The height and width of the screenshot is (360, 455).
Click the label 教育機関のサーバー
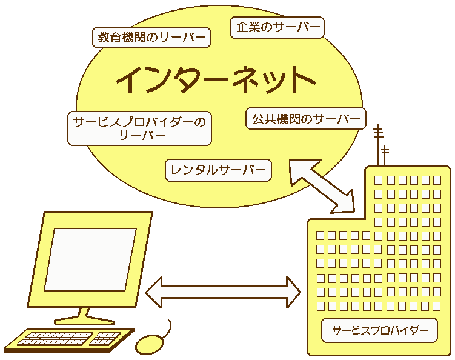coord(151,37)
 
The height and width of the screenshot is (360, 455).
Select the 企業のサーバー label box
coord(277,27)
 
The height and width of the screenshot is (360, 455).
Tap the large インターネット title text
coord(215,79)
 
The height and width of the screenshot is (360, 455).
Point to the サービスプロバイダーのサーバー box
coord(139,128)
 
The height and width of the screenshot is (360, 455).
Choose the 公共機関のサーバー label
coord(306,118)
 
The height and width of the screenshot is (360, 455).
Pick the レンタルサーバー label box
coord(218,170)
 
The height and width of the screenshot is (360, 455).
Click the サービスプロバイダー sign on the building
coord(379,331)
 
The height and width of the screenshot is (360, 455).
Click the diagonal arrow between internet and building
coord(321,185)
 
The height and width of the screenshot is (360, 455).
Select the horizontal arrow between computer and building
coord(223,292)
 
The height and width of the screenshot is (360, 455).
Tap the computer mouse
coord(149,344)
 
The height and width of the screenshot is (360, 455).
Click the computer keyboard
coord(70,339)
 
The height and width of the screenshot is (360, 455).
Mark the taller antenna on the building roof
coord(378,142)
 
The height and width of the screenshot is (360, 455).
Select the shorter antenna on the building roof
coord(385,155)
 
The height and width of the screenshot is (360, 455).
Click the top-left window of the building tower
coord(379,180)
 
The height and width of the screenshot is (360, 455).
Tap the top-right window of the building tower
coord(437,180)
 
